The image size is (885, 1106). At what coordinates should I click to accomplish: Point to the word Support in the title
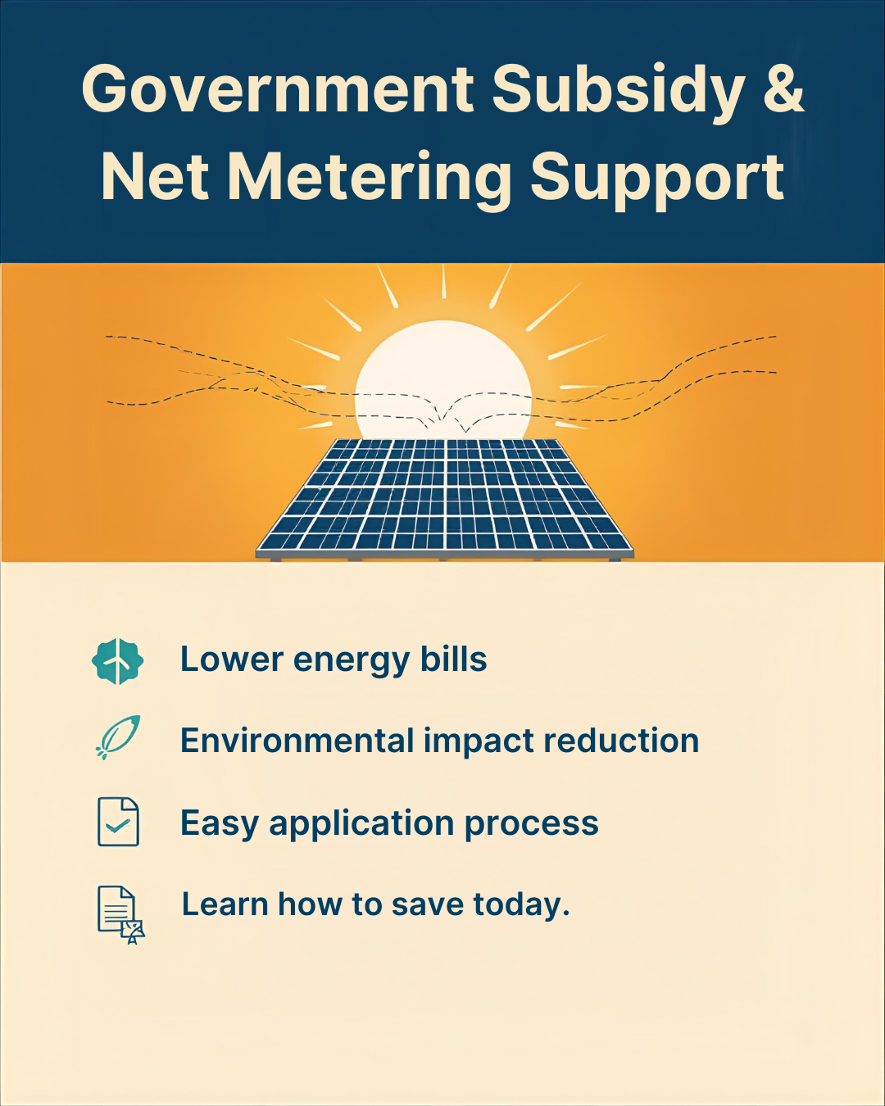[x=657, y=179]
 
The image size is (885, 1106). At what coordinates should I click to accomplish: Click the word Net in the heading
[x=155, y=177]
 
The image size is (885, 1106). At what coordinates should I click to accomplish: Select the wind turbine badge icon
[x=118, y=661]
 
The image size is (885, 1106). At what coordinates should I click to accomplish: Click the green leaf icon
[x=119, y=737]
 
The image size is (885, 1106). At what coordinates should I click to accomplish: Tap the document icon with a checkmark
[x=118, y=822]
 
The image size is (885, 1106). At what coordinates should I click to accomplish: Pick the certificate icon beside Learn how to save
[x=120, y=914]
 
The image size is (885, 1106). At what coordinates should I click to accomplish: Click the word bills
[x=453, y=660]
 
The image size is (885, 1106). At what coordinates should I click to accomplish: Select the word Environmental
[x=297, y=741]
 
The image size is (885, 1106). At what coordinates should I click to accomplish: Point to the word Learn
[x=225, y=904]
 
